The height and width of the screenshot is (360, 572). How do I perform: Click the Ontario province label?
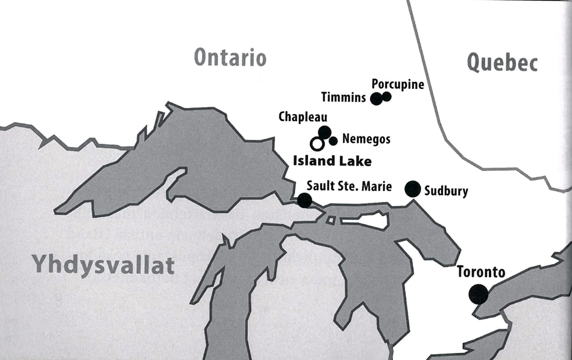point(230,58)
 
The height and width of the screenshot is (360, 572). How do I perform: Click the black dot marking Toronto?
point(478,294)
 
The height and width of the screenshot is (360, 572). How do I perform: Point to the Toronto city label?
point(481,271)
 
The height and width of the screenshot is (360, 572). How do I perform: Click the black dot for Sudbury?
point(412,189)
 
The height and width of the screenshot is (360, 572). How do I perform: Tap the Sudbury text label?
point(446,191)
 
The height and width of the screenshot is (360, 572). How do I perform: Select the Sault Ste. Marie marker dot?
point(304,200)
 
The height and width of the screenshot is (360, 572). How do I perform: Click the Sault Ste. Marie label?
point(349,186)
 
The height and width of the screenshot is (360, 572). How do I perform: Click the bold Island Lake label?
point(332,160)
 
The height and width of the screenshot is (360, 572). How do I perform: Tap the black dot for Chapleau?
point(325,132)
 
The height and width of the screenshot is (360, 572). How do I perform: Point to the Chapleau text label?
point(303,117)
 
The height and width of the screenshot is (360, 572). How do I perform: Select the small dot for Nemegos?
point(333,141)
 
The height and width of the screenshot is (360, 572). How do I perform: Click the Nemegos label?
point(366,140)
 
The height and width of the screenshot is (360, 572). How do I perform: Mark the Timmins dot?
point(376,98)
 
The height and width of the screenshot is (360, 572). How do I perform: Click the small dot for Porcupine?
point(387,96)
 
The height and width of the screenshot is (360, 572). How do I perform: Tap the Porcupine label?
point(398,84)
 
